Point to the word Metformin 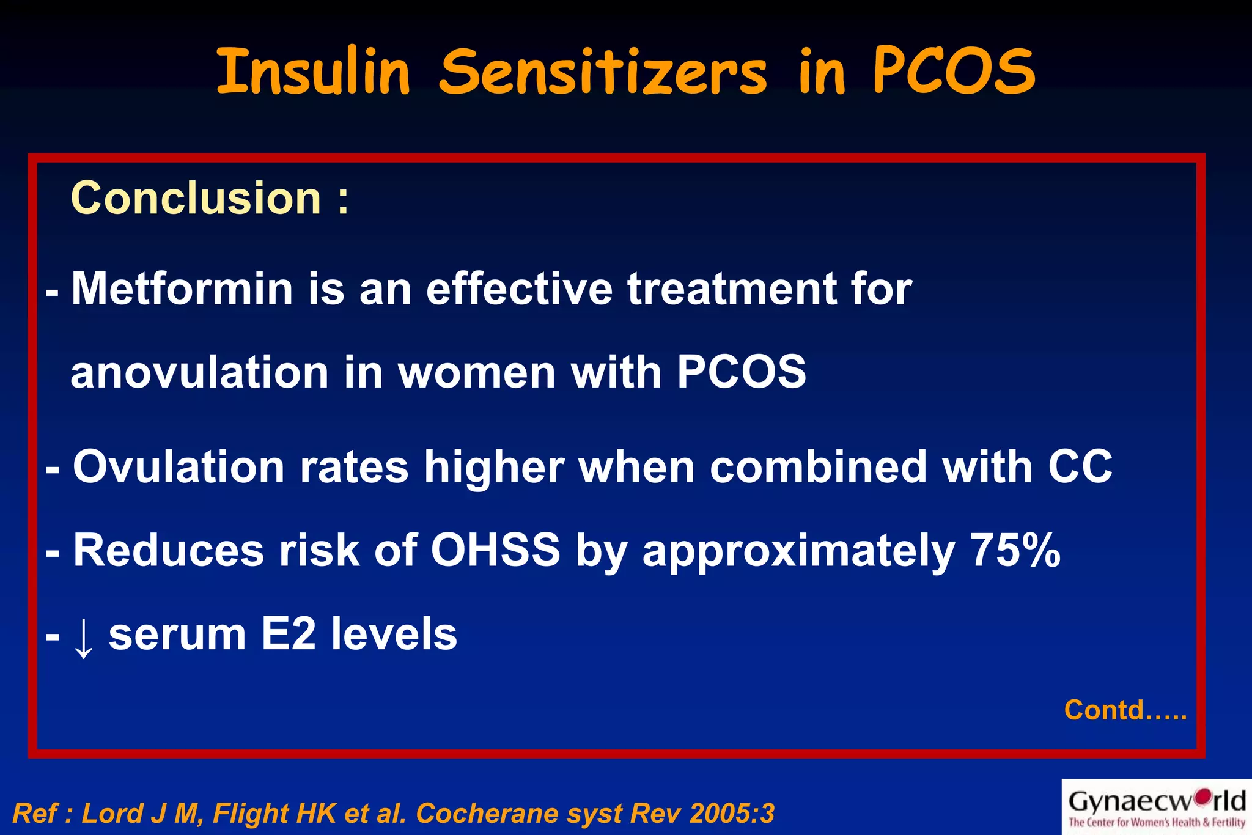coord(182,289)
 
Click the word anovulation coord(199,373)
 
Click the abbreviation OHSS coord(495,550)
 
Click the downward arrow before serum coord(83,637)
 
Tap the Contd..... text coord(1125,710)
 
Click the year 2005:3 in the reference coord(731,814)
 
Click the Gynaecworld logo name coord(1157,801)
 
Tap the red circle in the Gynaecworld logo coord(1203,796)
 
